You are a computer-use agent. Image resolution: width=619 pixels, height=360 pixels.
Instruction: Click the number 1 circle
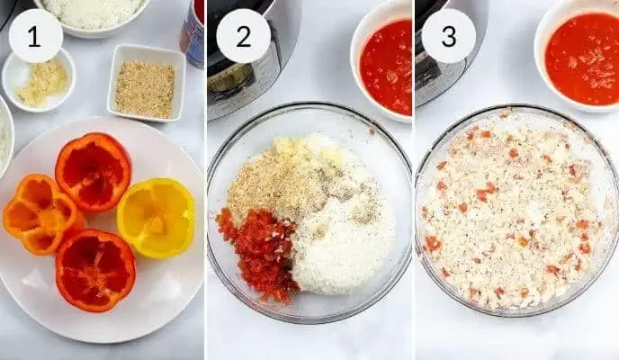pyautogui.click(x=35, y=36)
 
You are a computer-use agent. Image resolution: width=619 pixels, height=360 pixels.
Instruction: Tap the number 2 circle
pyautogui.click(x=243, y=36)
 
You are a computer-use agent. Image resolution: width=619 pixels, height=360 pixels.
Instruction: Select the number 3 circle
pyautogui.click(x=448, y=36)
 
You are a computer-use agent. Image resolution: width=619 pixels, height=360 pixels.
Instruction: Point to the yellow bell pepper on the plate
pyautogui.click(x=157, y=217)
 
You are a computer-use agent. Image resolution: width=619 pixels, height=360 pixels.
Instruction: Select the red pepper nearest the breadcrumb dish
pyautogui.click(x=93, y=171)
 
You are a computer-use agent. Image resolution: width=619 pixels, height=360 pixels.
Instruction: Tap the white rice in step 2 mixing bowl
pyautogui.click(x=342, y=243)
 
